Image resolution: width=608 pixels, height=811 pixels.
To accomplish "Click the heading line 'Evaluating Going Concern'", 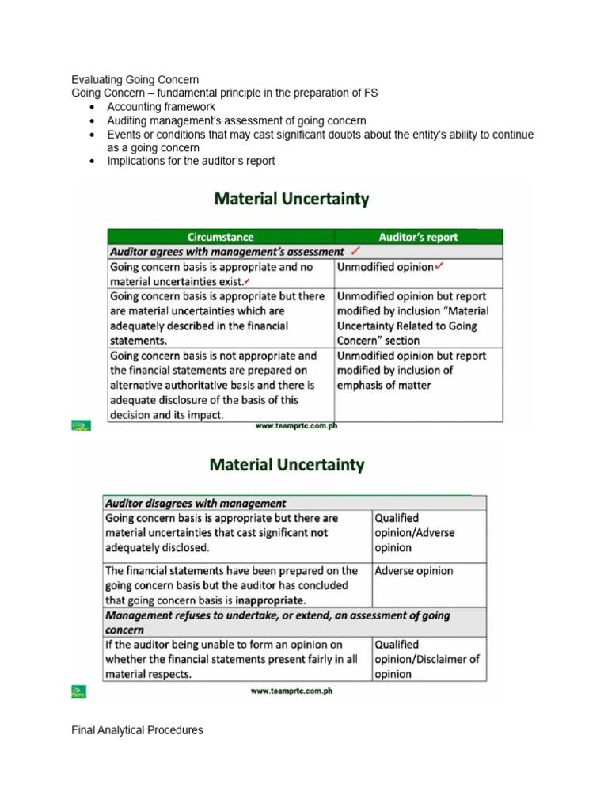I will [x=135, y=79].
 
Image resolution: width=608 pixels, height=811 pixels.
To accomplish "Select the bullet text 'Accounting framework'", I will [x=161, y=107].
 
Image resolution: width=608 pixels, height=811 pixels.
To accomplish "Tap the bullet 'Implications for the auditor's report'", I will [x=191, y=161].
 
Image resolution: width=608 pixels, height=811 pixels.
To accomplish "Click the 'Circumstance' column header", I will [x=220, y=237].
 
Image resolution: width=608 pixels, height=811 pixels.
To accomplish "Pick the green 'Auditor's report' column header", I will [x=418, y=237].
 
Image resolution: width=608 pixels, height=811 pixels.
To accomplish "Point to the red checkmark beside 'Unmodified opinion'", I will [x=439, y=267].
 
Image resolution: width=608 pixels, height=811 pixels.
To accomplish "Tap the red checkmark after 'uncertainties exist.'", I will [x=248, y=282].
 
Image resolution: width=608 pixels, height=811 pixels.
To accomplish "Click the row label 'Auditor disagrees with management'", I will [x=196, y=503].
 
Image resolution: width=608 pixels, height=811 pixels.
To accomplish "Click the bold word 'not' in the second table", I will [x=319, y=533].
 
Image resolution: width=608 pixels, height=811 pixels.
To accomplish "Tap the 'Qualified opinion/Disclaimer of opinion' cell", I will [x=427, y=660].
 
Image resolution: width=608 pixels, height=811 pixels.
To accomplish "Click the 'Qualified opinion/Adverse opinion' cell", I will [x=414, y=533].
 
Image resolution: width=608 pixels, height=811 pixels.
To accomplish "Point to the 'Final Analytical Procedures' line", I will [x=137, y=730].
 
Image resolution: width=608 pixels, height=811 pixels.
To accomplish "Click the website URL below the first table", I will [x=295, y=425].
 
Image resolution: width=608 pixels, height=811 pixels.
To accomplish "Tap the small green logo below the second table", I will [x=79, y=692].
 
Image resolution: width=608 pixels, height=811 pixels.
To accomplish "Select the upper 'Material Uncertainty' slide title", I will [x=291, y=200].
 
